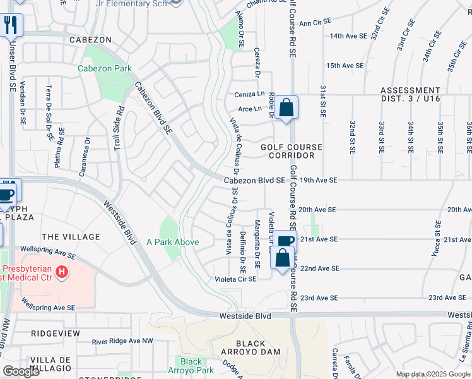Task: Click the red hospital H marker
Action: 62,272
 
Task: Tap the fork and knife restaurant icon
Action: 11,25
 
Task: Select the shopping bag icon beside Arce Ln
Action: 286,107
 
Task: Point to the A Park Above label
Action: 172,242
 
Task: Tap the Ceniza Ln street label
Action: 249,94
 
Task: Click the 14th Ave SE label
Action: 348,36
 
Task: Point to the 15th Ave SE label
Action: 344,66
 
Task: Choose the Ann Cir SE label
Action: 315,23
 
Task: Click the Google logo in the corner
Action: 21,371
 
